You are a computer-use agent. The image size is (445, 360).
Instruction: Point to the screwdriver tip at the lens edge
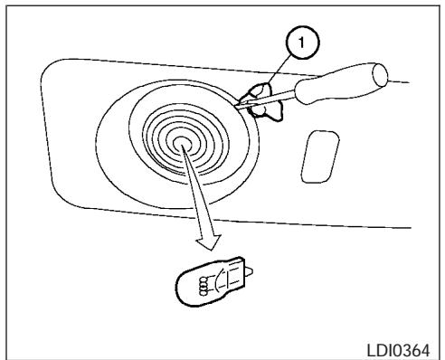[x=238, y=107]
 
